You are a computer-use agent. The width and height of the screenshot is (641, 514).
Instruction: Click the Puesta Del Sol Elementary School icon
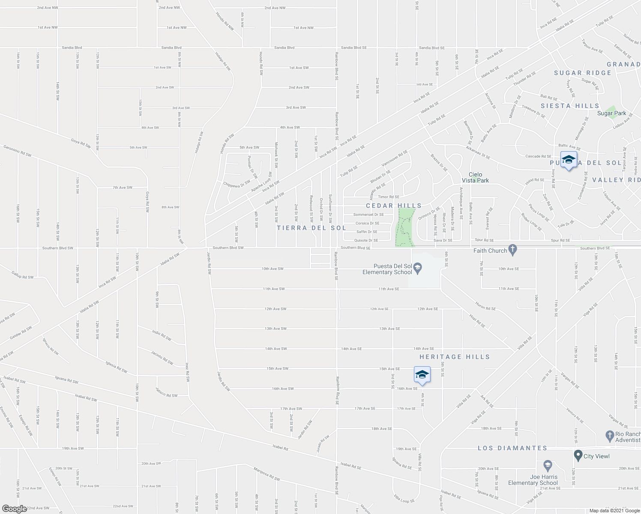(419, 269)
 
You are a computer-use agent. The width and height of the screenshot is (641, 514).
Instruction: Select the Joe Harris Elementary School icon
(547, 466)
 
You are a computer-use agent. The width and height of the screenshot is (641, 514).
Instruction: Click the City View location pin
(578, 456)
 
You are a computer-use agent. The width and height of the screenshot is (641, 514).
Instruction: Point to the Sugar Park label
(611, 114)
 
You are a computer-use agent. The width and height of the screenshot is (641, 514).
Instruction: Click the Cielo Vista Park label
(475, 177)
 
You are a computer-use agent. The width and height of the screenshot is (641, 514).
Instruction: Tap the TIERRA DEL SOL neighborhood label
(311, 228)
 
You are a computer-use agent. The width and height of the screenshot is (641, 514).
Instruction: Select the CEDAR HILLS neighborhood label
(393, 206)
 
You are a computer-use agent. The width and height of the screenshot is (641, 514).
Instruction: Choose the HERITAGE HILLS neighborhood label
(454, 357)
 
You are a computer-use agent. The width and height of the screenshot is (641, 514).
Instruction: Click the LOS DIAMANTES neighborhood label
(512, 448)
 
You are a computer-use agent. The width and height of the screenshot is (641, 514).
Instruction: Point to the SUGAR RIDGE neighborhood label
(582, 73)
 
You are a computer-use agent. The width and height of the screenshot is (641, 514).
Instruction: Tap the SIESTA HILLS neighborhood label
(569, 106)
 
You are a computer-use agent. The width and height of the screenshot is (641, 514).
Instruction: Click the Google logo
(14, 508)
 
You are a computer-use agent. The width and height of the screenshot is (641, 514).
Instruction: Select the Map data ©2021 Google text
(614, 511)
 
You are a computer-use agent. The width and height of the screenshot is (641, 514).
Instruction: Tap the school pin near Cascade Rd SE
(568, 160)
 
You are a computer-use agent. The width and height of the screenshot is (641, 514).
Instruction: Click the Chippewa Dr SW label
(237, 184)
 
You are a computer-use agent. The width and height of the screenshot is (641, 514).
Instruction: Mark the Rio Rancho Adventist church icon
(609, 436)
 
